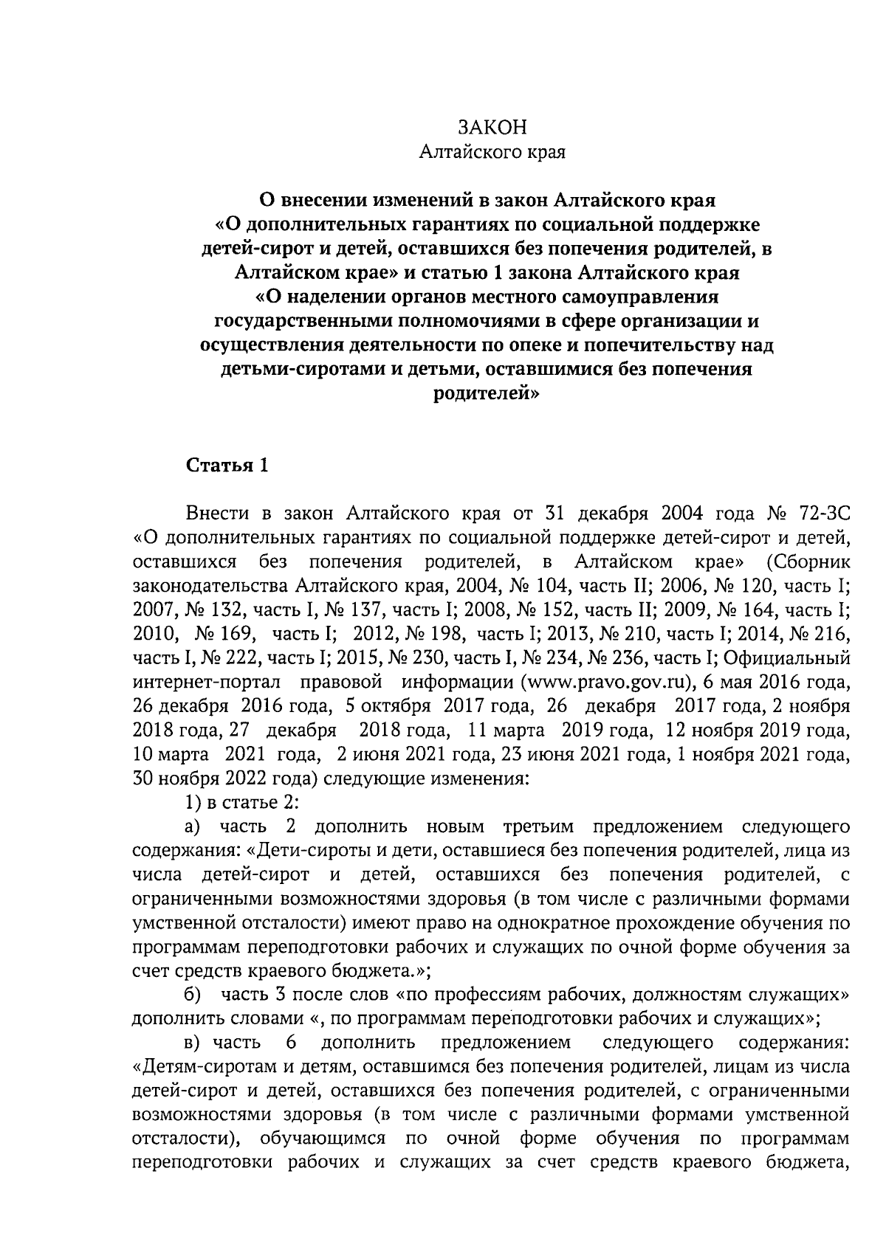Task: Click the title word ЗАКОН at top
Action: [492, 128]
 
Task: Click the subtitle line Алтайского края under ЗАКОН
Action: [492, 153]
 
